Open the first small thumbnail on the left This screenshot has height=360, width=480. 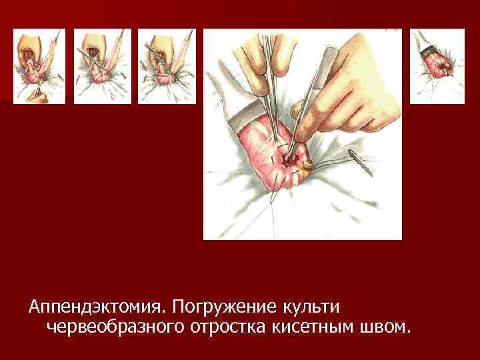click(39, 67)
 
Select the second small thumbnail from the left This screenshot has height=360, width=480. click(102, 67)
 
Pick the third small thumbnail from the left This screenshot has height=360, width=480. click(166, 67)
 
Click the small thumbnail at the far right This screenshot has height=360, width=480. click(437, 67)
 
